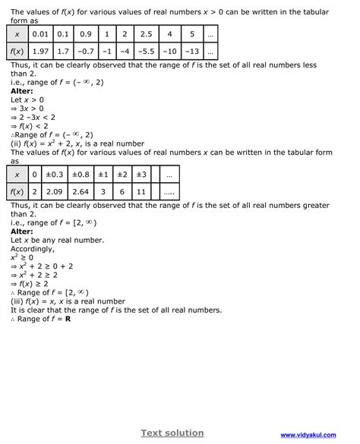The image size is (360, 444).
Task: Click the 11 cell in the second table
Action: (x=141, y=193)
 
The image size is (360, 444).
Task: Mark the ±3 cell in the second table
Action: (x=141, y=175)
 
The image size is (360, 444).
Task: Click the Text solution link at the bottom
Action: (x=172, y=433)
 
